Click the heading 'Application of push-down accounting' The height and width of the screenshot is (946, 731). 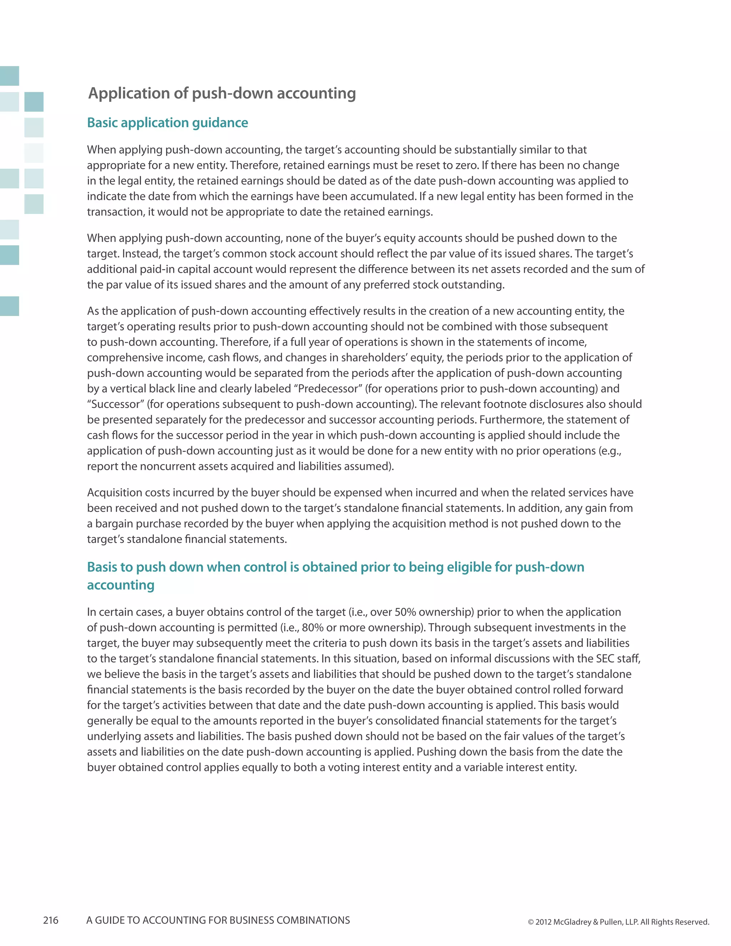(x=222, y=94)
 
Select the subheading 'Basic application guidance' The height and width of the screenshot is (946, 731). (x=168, y=122)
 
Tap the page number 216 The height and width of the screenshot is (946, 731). (x=51, y=920)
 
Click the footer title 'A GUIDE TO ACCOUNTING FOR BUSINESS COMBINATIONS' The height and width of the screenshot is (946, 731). (x=218, y=920)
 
